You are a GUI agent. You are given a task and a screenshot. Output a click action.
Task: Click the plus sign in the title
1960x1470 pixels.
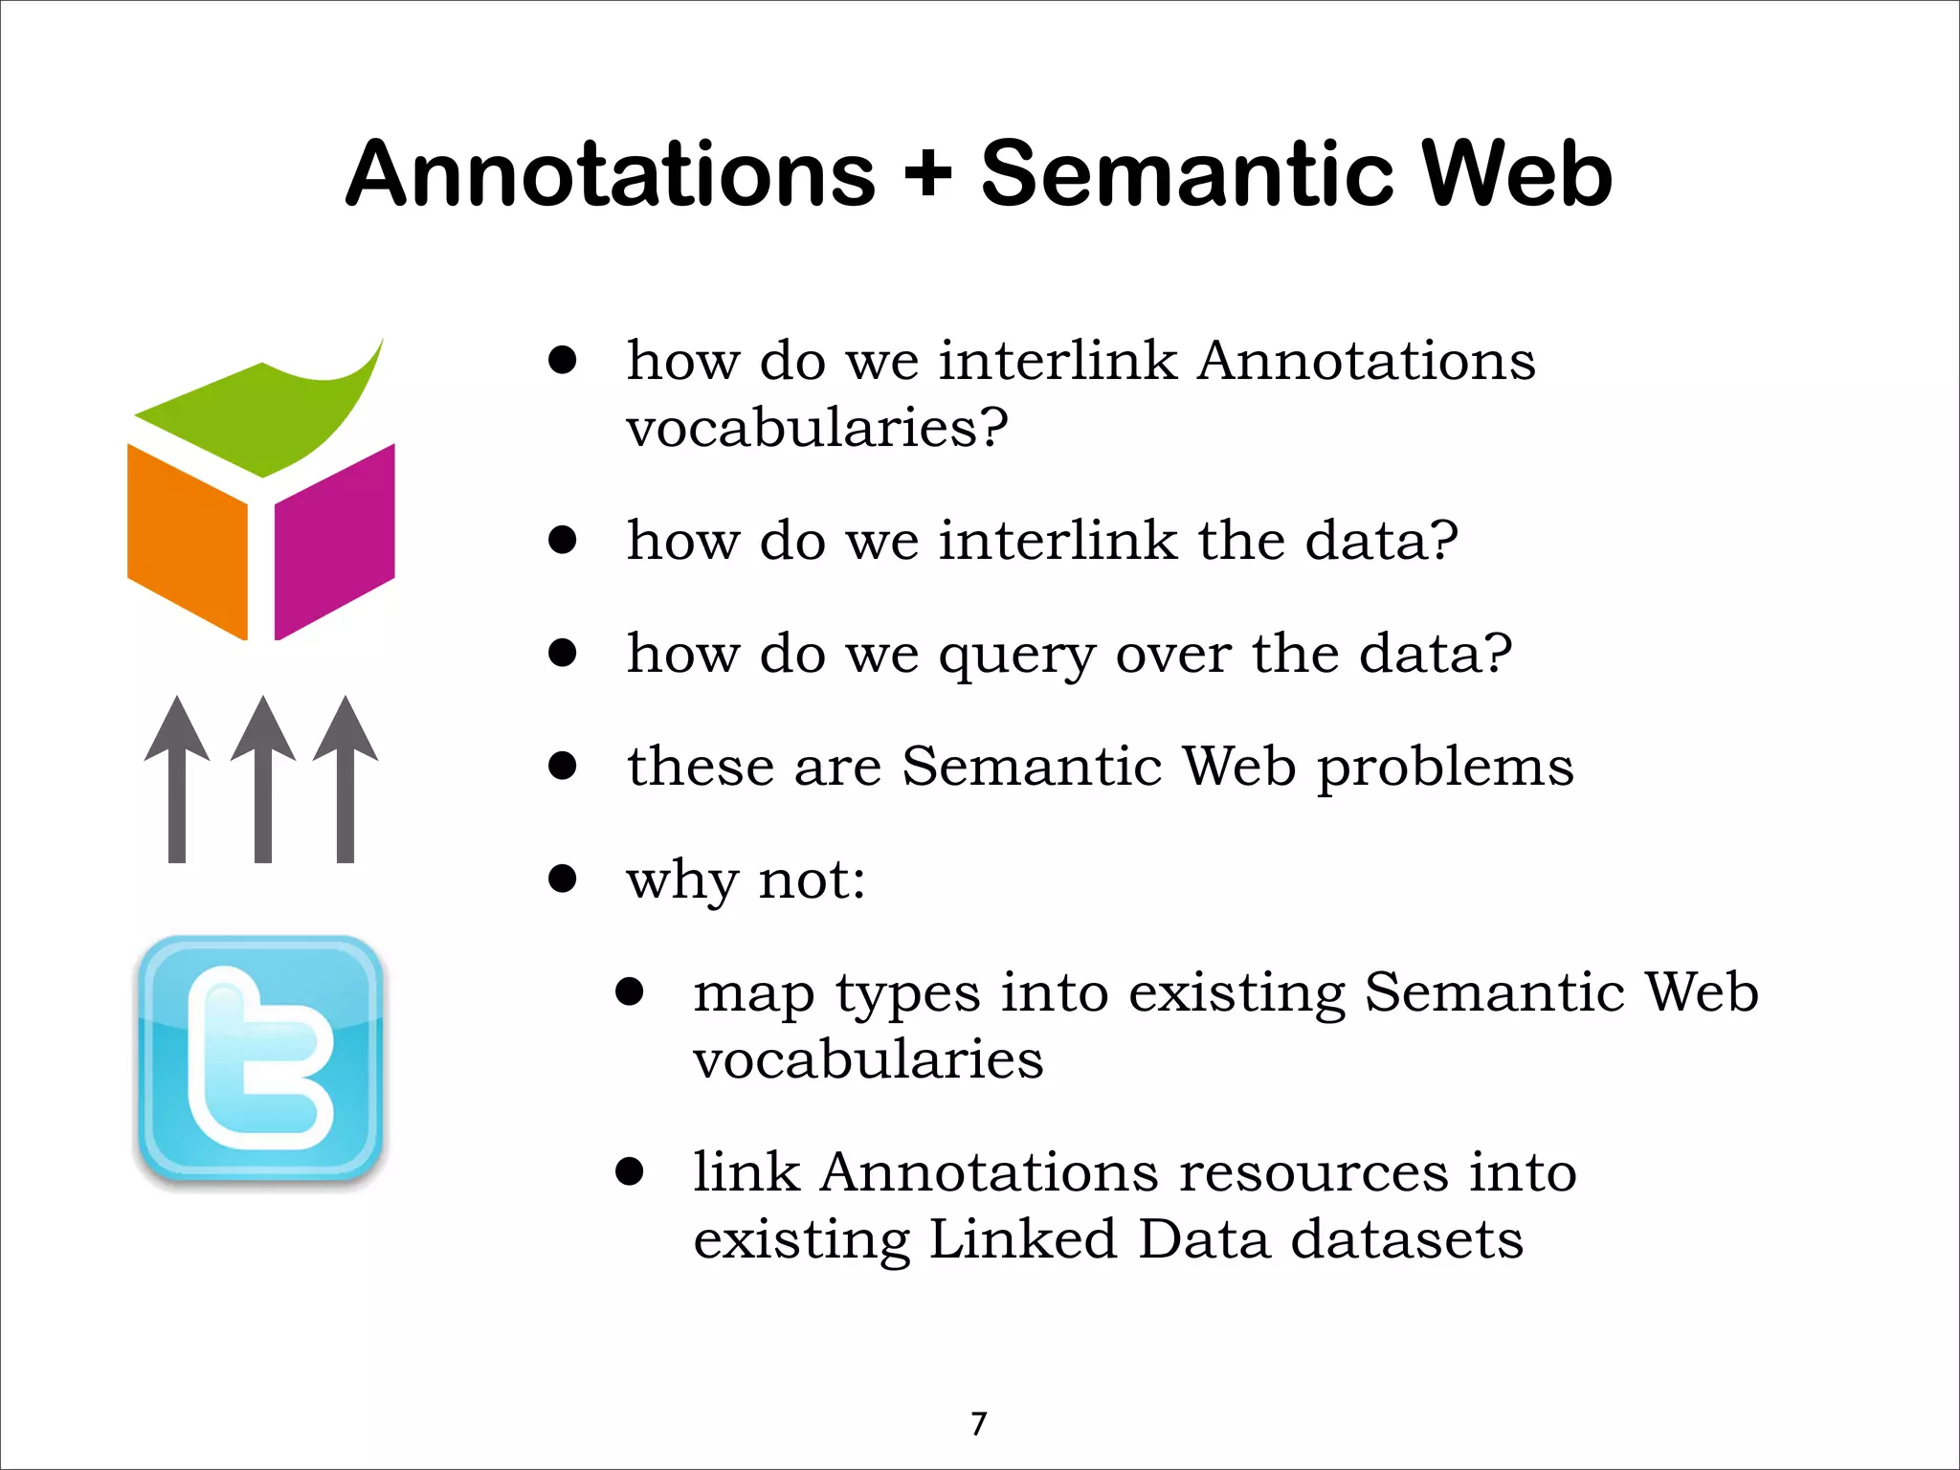(927, 175)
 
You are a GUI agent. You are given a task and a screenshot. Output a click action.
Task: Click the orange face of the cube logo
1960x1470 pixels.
(188, 541)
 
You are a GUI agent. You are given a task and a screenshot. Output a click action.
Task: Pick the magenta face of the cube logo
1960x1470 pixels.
(334, 541)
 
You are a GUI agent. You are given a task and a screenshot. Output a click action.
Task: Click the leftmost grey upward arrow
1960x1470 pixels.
(177, 780)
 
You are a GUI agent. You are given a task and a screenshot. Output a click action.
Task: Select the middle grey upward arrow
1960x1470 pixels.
(262, 780)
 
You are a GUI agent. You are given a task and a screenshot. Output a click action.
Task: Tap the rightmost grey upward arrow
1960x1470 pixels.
(345, 780)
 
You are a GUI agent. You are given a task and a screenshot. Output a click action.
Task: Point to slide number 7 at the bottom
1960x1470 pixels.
(978, 1424)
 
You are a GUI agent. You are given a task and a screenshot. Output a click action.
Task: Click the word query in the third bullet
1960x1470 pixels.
(1016, 657)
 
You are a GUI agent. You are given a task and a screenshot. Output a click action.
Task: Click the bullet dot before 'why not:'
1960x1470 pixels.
(563, 879)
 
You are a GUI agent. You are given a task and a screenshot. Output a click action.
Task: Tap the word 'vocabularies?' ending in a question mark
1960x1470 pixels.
(817, 428)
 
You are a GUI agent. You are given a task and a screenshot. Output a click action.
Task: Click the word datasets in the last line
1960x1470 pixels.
(1407, 1239)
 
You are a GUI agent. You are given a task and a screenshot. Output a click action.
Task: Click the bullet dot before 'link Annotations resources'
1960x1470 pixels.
(630, 1171)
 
